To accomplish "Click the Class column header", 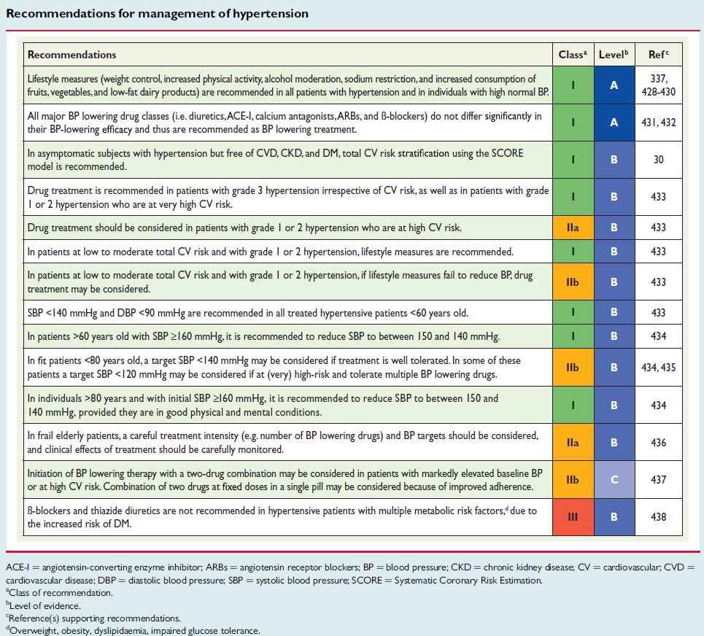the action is pyautogui.click(x=573, y=55).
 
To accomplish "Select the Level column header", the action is pyautogui.click(x=614, y=55).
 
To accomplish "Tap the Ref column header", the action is pyautogui.click(x=658, y=55).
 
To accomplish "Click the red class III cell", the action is pyautogui.click(x=573, y=517).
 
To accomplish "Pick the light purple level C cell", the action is pyautogui.click(x=614, y=480).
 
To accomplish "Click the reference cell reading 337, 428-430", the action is pyautogui.click(x=658, y=85).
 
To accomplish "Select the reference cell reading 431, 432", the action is pyautogui.click(x=658, y=123).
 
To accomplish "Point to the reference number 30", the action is pyautogui.click(x=658, y=160).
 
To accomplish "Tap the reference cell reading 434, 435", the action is pyautogui.click(x=658, y=368).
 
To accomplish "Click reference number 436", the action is pyautogui.click(x=658, y=443).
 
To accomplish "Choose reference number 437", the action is pyautogui.click(x=658, y=480).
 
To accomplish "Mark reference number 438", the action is pyautogui.click(x=658, y=517).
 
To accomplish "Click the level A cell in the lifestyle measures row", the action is pyautogui.click(x=614, y=85).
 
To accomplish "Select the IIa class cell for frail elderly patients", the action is pyautogui.click(x=573, y=443).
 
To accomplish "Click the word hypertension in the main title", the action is pyautogui.click(x=271, y=14).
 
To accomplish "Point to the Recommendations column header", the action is pyautogui.click(x=71, y=55).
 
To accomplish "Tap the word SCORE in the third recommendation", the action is pyautogui.click(x=507, y=153).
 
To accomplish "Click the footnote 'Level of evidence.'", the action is pyautogui.click(x=44, y=605).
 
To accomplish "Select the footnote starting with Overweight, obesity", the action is pyautogui.click(x=133, y=631).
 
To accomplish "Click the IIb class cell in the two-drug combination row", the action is pyautogui.click(x=573, y=480).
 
